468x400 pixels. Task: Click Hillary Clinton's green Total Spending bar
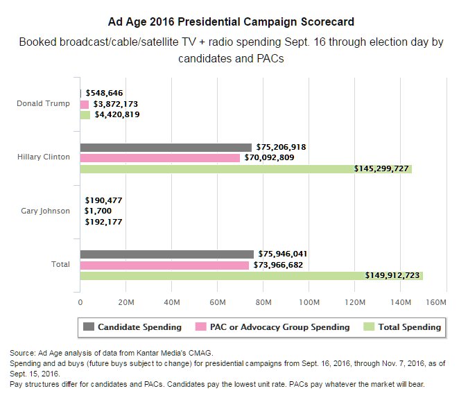tap(245, 168)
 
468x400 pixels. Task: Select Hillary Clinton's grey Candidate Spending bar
tap(166, 147)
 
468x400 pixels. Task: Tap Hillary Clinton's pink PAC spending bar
tap(160, 158)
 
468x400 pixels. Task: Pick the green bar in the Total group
tap(251, 275)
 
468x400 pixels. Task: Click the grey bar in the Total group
tap(166, 254)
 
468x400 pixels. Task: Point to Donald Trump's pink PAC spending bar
tap(85, 104)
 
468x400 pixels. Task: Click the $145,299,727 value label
tap(381, 168)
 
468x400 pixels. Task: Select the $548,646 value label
tap(105, 94)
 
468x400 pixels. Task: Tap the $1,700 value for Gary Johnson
tap(98, 211)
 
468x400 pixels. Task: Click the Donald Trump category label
tap(43, 104)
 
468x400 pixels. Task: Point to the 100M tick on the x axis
tap(309, 302)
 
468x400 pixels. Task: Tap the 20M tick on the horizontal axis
tap(125, 302)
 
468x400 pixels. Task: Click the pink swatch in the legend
tap(202, 327)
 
